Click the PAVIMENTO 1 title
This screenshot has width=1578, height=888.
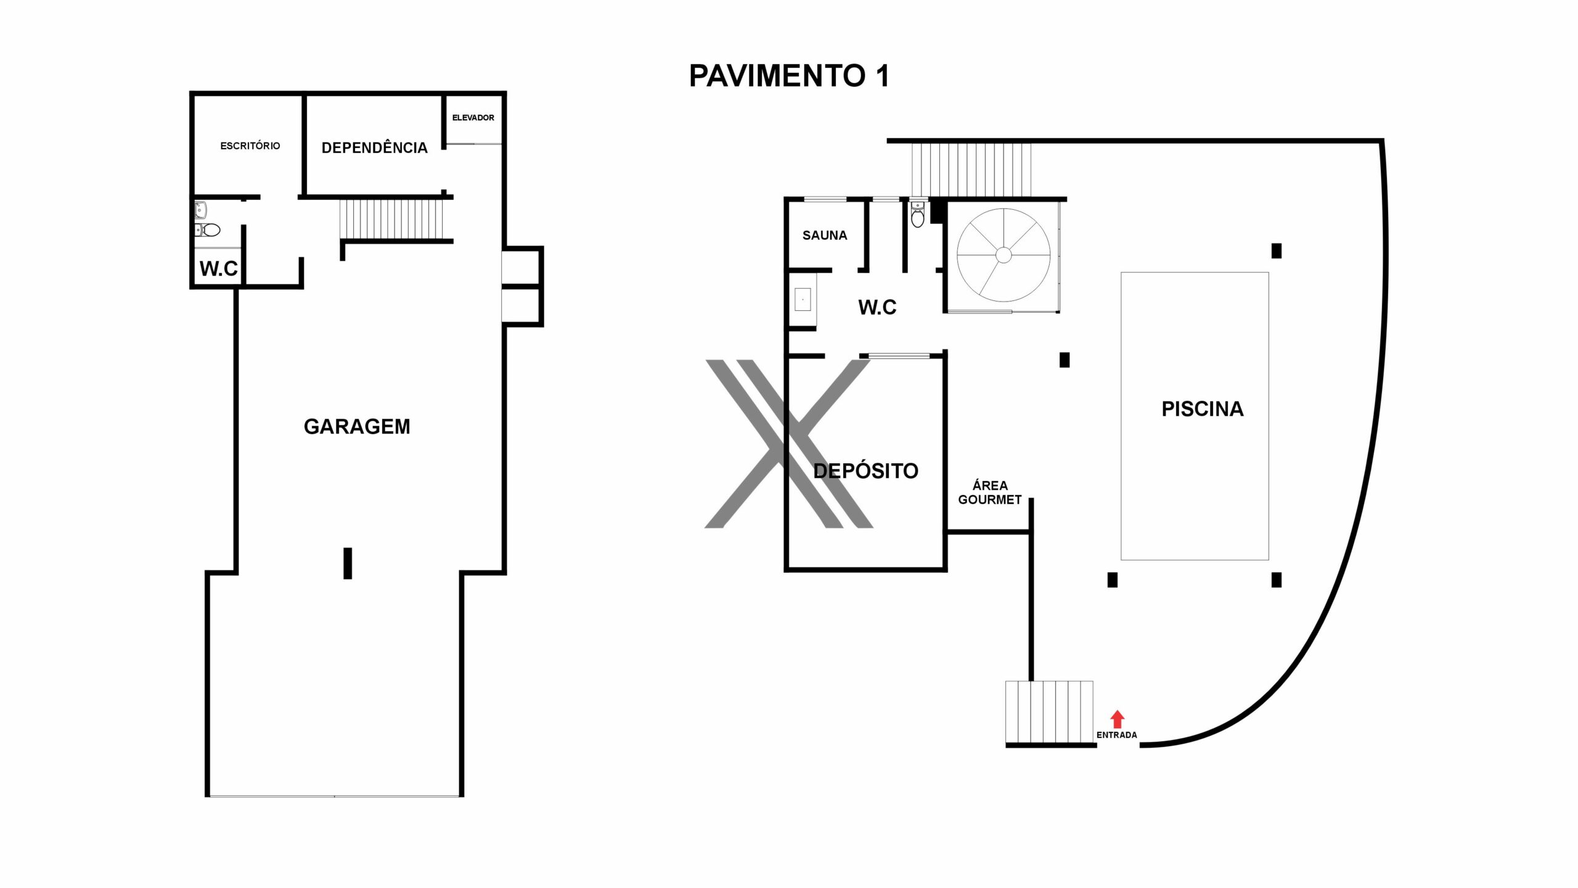[789, 76]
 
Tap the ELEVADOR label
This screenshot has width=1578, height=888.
[473, 118]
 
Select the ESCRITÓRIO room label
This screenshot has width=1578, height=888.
[250, 146]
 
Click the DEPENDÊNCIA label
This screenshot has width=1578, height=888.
[374, 147]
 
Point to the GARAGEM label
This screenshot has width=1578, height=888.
[357, 426]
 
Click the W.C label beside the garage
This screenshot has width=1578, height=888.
[218, 268]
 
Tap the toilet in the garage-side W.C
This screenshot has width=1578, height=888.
[209, 230]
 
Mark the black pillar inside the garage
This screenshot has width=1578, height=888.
[348, 563]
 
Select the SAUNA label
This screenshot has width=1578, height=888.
[825, 235]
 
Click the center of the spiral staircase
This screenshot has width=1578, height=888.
[1004, 255]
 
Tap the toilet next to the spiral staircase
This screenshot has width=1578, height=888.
[918, 214]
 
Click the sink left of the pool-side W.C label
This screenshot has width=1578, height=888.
[803, 300]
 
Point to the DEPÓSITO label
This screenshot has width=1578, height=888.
[865, 471]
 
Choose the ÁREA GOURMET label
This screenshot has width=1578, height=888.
[989, 493]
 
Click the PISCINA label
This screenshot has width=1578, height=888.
[1203, 409]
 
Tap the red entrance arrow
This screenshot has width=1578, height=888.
[1117, 719]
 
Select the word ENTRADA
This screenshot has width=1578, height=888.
[1116, 735]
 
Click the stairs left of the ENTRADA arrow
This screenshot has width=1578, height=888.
[1049, 712]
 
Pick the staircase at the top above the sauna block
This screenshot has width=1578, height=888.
[971, 170]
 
